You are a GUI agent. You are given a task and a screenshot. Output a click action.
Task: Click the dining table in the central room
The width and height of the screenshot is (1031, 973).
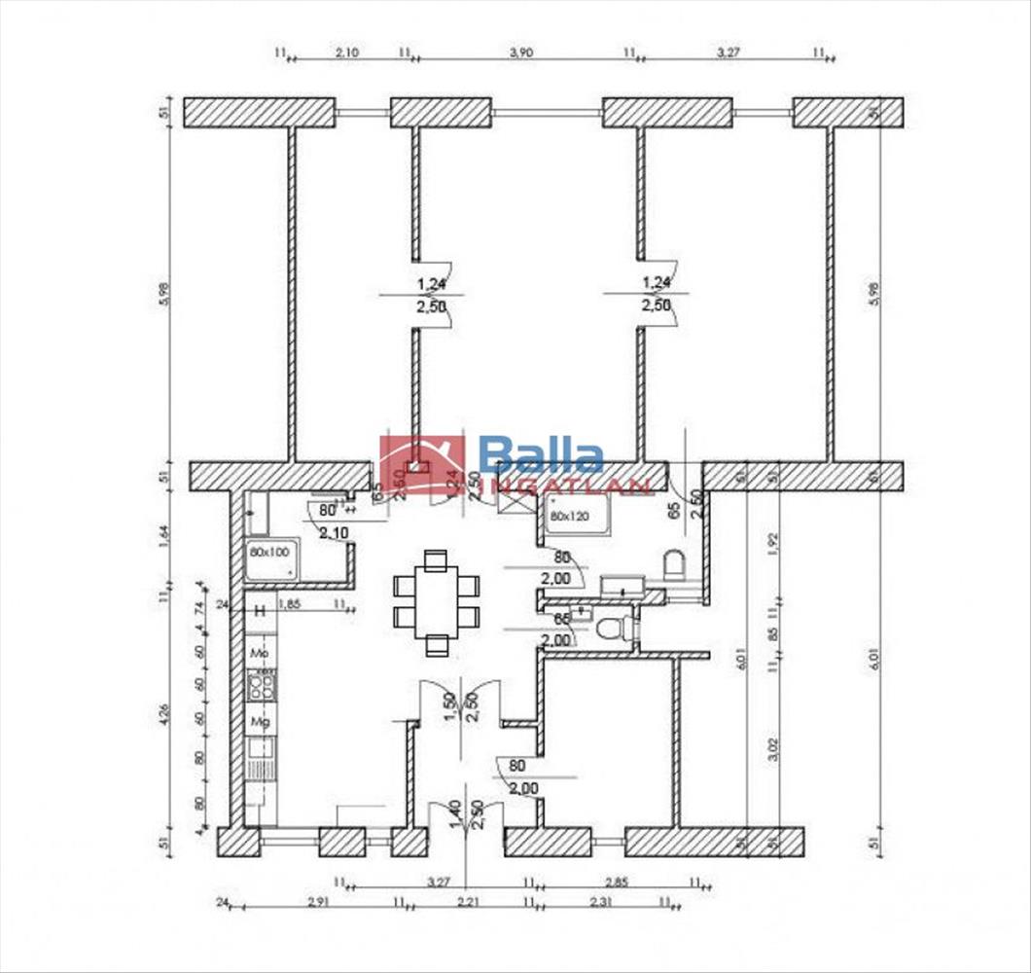click(x=436, y=601)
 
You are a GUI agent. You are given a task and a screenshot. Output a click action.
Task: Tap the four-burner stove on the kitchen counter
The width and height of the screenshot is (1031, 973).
click(x=261, y=688)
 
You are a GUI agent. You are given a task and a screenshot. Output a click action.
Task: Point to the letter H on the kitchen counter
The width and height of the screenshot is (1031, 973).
click(x=260, y=610)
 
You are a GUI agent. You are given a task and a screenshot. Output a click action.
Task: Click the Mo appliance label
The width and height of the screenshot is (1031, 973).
click(x=260, y=651)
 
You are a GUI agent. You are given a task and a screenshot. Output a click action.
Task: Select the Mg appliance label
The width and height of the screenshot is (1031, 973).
click(x=260, y=722)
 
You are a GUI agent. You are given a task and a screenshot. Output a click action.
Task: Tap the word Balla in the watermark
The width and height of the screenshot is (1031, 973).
click(x=541, y=454)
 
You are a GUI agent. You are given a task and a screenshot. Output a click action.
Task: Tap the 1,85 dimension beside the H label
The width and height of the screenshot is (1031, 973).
click(x=289, y=604)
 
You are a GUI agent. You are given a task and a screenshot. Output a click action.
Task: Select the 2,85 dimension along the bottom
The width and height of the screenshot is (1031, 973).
click(x=617, y=882)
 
